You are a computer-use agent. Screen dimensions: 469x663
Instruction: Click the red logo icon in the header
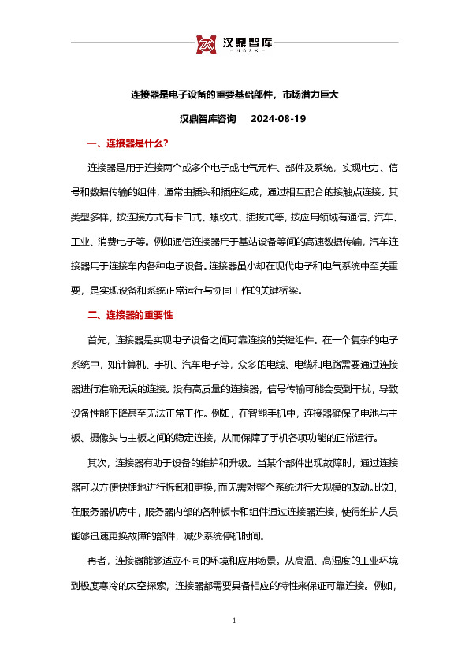(207, 43)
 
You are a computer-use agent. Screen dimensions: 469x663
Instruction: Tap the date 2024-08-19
(277, 119)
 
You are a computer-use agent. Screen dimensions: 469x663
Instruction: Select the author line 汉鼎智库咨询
(208, 119)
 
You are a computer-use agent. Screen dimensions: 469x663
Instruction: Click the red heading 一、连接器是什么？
(128, 144)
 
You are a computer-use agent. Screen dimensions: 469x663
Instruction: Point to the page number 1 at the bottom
(234, 622)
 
